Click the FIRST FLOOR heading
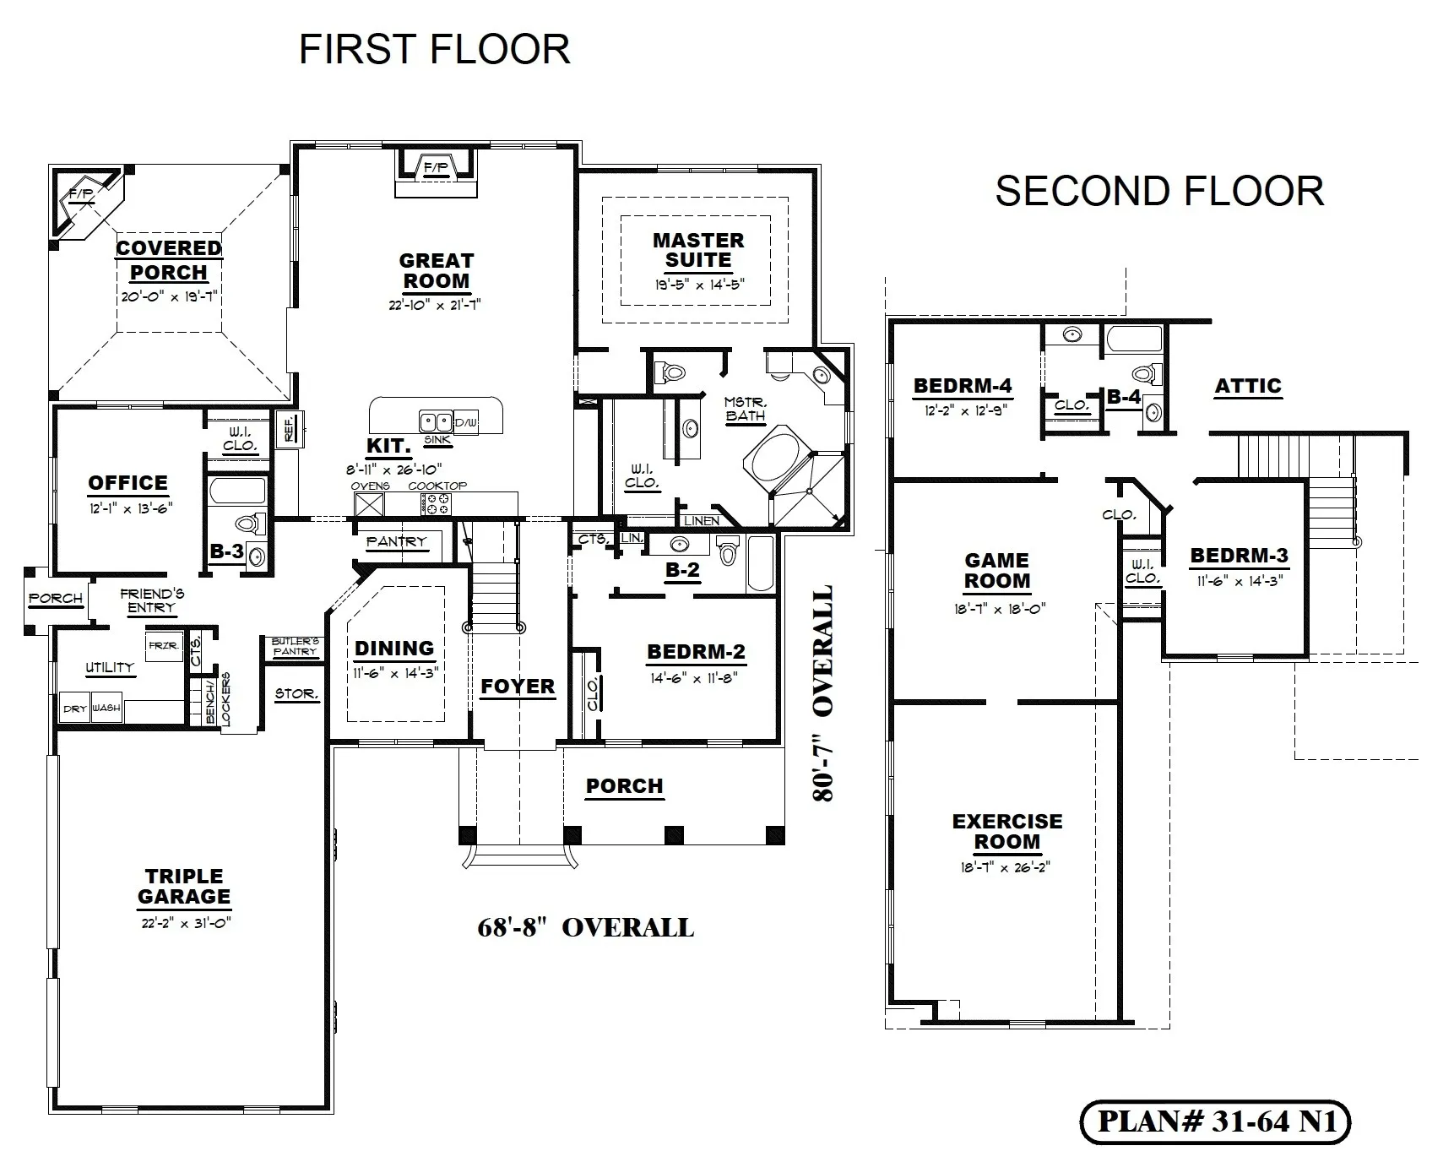[x=435, y=50]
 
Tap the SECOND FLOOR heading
[x=1159, y=192]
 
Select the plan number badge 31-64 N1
[x=1216, y=1121]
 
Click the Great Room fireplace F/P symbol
[x=436, y=167]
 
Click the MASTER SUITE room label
[x=698, y=251]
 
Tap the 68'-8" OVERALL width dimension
[x=585, y=928]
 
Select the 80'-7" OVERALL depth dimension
[x=822, y=693]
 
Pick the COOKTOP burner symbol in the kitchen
[x=437, y=504]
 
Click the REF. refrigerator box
[x=289, y=426]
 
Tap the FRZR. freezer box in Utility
[x=164, y=646]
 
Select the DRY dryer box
[x=74, y=709]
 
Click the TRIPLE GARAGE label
[x=184, y=887]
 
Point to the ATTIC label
[x=1248, y=386]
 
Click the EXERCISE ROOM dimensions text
[x=1007, y=867]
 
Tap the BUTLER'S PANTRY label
[x=296, y=646]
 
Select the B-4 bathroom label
[x=1124, y=396]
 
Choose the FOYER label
[x=518, y=687]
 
